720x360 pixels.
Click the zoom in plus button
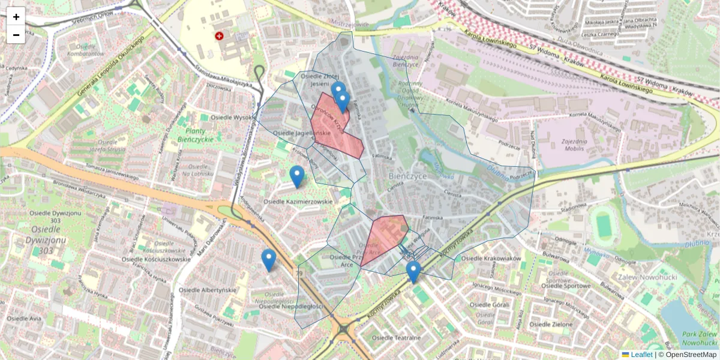pyautogui.click(x=16, y=16)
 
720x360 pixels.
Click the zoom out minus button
pyautogui.click(x=16, y=35)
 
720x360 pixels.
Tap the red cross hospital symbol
pyautogui.click(x=220, y=36)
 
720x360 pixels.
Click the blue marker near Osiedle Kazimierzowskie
pyautogui.click(x=296, y=176)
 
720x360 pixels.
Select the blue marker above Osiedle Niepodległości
pyautogui.click(x=268, y=260)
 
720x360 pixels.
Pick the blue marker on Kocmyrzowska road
pyautogui.click(x=413, y=271)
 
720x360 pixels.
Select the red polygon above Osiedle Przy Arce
pyautogui.click(x=384, y=237)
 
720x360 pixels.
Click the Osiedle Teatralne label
pyautogui.click(x=396, y=338)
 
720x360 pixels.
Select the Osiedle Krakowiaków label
pyautogui.click(x=491, y=258)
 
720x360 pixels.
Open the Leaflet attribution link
pyautogui.click(x=641, y=355)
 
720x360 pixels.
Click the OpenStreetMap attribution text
pyautogui.click(x=690, y=355)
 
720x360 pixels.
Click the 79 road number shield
pyautogui.click(x=299, y=274)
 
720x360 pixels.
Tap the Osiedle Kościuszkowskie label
pyautogui.click(x=156, y=259)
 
